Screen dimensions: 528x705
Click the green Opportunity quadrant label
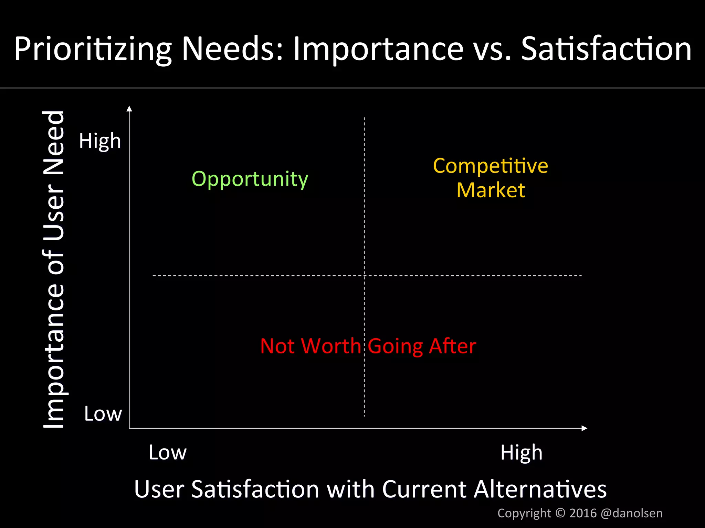tap(250, 179)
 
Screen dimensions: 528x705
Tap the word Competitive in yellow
tap(491, 166)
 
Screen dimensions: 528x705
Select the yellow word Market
tap(491, 190)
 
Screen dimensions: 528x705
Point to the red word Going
tap(395, 346)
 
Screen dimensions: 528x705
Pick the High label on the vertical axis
tap(100, 141)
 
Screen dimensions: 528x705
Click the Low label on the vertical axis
tap(103, 414)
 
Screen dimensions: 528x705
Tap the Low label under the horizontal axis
tap(168, 452)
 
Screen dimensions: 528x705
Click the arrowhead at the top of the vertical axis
tap(129, 109)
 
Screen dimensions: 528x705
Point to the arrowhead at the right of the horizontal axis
tap(584, 428)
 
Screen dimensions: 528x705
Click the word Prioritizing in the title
tap(93, 49)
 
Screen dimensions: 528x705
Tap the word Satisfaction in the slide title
tap(606, 49)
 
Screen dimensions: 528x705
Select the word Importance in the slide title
tap(378, 49)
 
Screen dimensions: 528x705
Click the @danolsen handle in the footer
tap(631, 513)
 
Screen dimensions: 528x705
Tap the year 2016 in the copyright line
tap(583, 513)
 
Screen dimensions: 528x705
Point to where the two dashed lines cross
tap(364, 276)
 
